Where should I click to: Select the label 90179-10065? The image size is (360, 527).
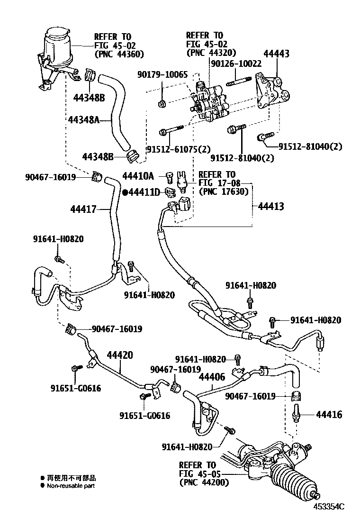(163, 74)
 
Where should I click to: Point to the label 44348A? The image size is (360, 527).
(83, 120)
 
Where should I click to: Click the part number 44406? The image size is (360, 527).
(212, 378)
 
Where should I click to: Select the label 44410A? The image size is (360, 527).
(138, 176)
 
